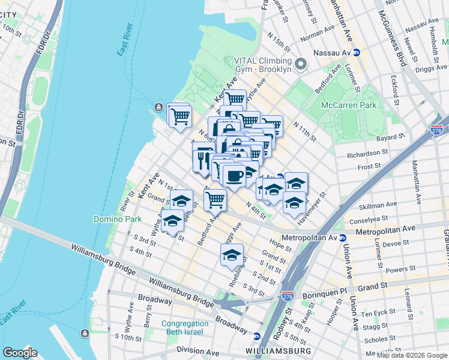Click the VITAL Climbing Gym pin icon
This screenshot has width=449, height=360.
pos(301,64)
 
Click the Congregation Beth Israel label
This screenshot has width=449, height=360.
pos(191,328)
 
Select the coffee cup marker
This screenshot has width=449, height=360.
pos(234,176)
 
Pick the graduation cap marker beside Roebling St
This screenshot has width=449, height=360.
pos(232,256)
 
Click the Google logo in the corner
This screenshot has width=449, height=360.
pos(20,352)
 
